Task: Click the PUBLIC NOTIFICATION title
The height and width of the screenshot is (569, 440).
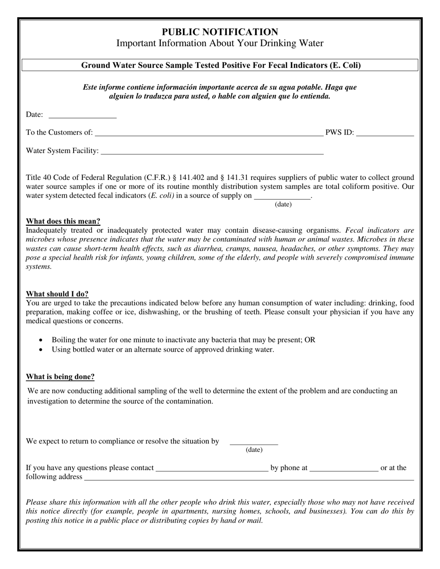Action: coord(220,32)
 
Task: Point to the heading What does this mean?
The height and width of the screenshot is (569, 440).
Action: coord(63,221)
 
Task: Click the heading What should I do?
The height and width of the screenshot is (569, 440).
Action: coord(57,294)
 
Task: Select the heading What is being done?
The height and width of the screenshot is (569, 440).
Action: coord(60,377)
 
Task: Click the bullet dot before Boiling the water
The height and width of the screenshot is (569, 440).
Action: coord(41,340)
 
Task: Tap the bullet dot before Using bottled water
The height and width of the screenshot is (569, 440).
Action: coord(41,350)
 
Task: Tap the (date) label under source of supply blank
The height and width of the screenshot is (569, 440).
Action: coord(283,204)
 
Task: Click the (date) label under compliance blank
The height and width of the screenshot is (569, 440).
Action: coord(254,450)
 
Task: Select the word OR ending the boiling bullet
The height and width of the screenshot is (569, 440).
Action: coord(310,340)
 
